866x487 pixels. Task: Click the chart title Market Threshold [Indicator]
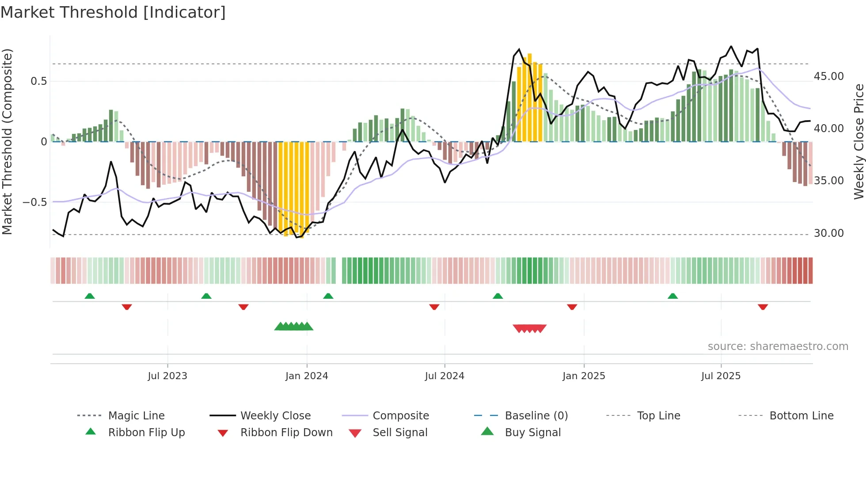(x=113, y=12)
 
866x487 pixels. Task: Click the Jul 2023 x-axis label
(x=167, y=376)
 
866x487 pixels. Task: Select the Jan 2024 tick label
(x=307, y=376)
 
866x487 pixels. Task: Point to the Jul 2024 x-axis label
(x=444, y=376)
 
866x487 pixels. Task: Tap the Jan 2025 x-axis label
(x=584, y=376)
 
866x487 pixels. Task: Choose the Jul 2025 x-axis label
(x=721, y=376)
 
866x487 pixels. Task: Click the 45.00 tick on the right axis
(x=828, y=76)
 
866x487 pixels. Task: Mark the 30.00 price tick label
(x=828, y=233)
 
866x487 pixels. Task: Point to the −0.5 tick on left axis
(x=35, y=202)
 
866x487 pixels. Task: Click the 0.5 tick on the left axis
(x=38, y=81)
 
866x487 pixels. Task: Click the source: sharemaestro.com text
(x=778, y=346)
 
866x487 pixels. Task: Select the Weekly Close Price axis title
(x=858, y=141)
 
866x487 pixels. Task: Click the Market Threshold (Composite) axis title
(x=7, y=141)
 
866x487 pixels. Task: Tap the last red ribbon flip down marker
(x=763, y=307)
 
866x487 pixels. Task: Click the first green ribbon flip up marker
(x=90, y=296)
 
